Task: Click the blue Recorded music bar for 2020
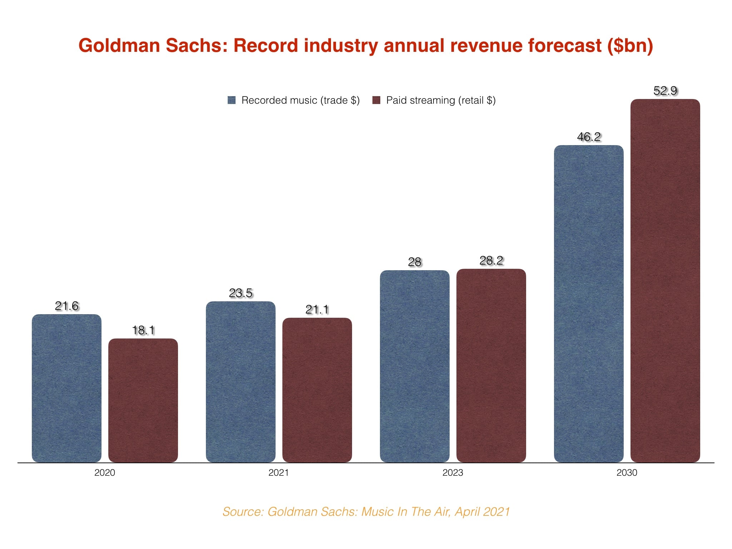(x=66, y=388)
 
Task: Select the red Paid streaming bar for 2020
(x=143, y=400)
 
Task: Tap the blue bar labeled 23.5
(x=241, y=382)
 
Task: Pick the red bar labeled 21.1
(x=317, y=390)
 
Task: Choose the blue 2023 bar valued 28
(x=415, y=366)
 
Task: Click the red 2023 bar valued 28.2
(x=491, y=366)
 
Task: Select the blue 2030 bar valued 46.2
(x=589, y=304)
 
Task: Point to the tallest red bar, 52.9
(x=665, y=281)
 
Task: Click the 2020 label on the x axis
(x=105, y=473)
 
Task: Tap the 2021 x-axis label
(x=278, y=473)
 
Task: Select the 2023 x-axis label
(x=452, y=473)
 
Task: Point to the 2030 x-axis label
(x=627, y=473)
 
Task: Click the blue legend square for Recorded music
(x=232, y=100)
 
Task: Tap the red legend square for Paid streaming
(x=376, y=100)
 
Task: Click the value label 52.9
(x=665, y=91)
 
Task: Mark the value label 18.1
(x=143, y=330)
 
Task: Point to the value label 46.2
(x=589, y=137)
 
